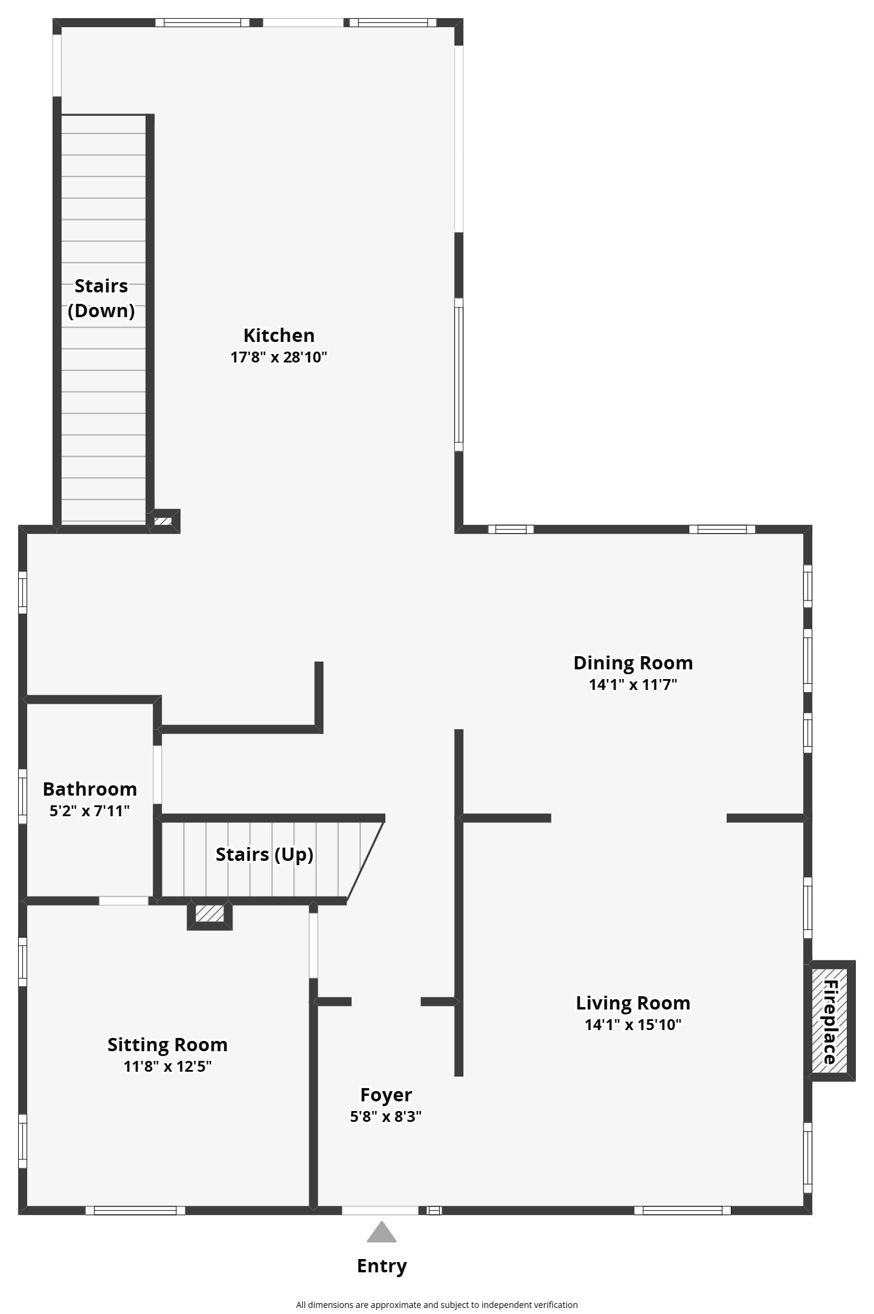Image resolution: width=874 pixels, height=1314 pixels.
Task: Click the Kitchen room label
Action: tap(278, 335)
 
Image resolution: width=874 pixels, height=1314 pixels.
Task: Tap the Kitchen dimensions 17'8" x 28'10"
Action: tap(278, 357)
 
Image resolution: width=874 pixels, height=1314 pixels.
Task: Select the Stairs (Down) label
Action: tap(101, 298)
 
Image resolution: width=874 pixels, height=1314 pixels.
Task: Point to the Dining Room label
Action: tap(632, 663)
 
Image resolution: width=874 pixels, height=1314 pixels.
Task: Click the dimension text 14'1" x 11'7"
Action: tap(632, 684)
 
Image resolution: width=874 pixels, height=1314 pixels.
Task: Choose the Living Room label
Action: tap(632, 1003)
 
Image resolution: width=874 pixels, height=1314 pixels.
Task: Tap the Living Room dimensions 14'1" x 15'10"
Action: tap(632, 1025)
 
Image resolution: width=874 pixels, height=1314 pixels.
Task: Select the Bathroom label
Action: tap(89, 789)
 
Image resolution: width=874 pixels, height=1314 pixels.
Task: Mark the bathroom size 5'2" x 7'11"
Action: tap(89, 811)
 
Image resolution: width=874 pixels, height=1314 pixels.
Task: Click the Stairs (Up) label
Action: tap(264, 855)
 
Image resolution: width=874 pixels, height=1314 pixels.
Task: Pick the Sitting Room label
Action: tap(167, 1045)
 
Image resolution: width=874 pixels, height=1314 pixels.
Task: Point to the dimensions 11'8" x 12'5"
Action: tap(167, 1066)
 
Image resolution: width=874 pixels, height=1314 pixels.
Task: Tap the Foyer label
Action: tap(385, 1095)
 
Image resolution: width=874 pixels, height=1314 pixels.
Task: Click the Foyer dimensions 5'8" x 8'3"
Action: tap(385, 1116)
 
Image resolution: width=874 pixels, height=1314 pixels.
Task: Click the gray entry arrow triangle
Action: tap(382, 1233)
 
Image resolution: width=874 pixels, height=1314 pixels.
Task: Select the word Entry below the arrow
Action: tap(382, 1266)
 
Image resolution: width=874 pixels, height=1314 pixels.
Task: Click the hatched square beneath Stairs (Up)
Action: tap(210, 913)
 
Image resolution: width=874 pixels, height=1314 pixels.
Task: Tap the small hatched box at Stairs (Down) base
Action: tap(163, 521)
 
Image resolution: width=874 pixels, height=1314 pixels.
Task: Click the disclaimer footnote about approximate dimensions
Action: tap(437, 1305)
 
